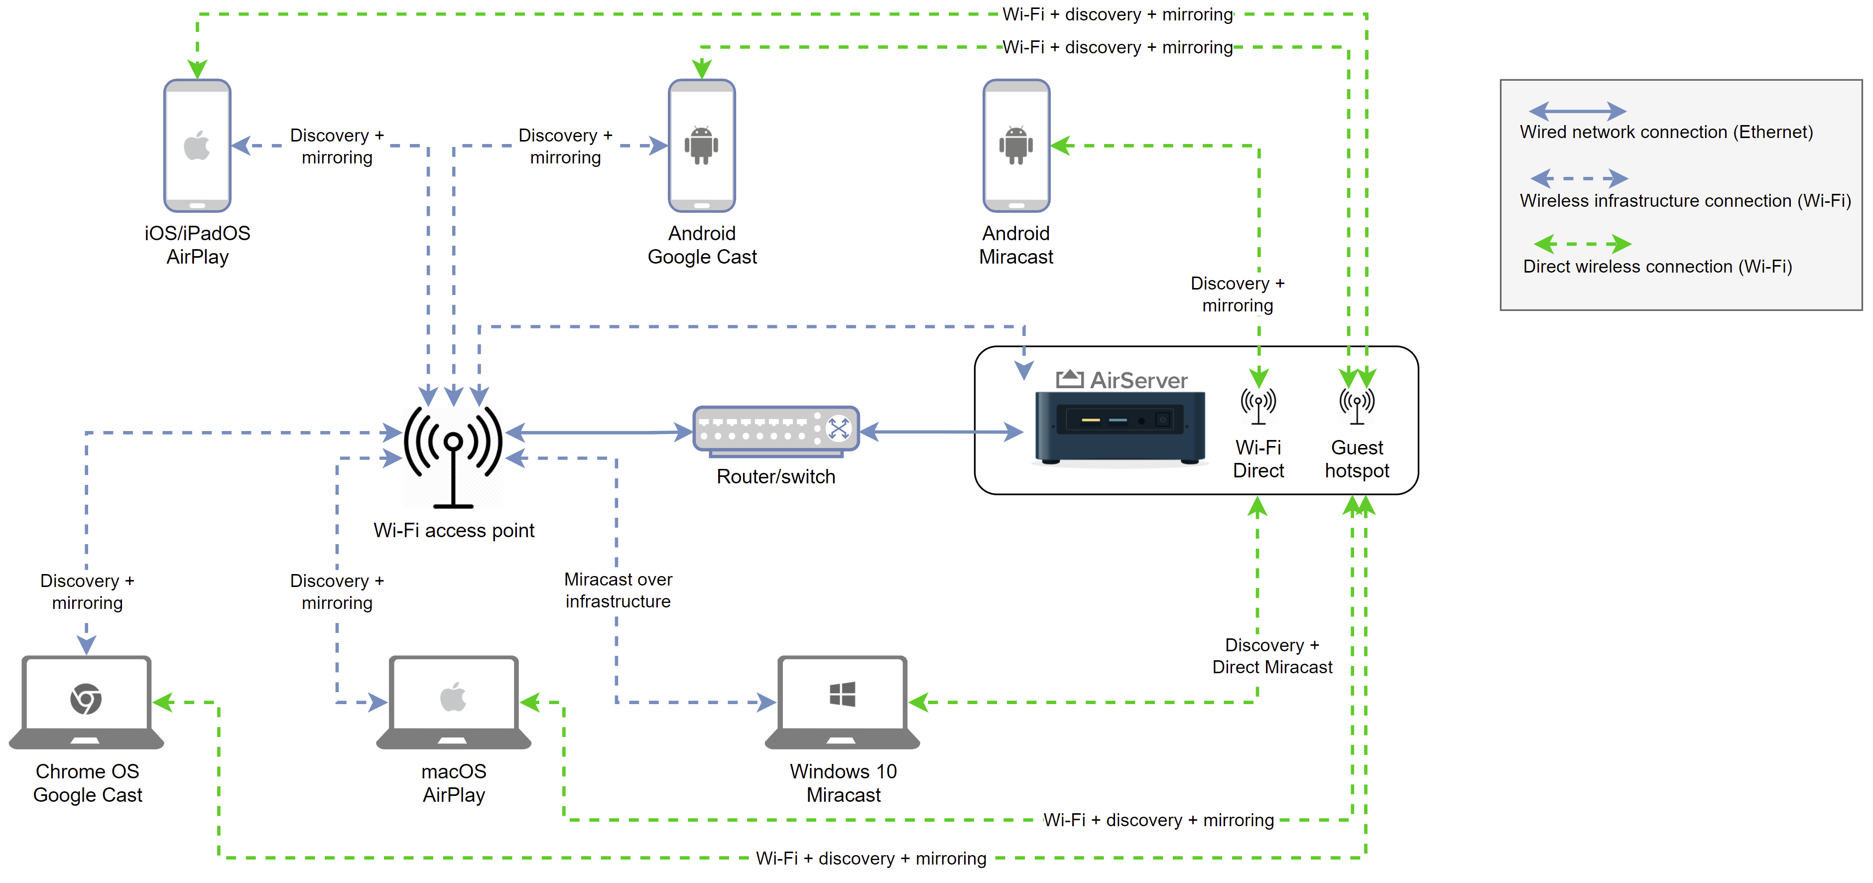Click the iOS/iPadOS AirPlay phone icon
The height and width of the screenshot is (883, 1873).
[x=197, y=146]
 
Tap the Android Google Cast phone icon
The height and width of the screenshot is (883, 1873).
[x=702, y=146]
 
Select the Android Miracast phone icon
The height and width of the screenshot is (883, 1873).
[x=1016, y=146]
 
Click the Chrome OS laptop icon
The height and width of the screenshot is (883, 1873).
[x=87, y=703]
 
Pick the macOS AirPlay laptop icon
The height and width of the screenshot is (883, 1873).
[x=454, y=703]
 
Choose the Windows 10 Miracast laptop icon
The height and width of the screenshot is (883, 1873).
[x=843, y=703]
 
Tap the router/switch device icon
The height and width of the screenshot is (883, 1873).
[x=776, y=432]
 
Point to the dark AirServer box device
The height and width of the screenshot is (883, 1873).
[x=1120, y=428]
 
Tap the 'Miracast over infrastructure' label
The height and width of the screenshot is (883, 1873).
[x=618, y=590]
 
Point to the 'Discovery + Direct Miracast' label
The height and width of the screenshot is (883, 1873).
[x=1272, y=656]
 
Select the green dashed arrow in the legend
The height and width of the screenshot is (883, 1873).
[x=1582, y=244]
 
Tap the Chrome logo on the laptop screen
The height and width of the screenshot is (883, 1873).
[x=86, y=699]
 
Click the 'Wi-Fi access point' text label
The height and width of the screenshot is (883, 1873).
[x=454, y=530]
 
